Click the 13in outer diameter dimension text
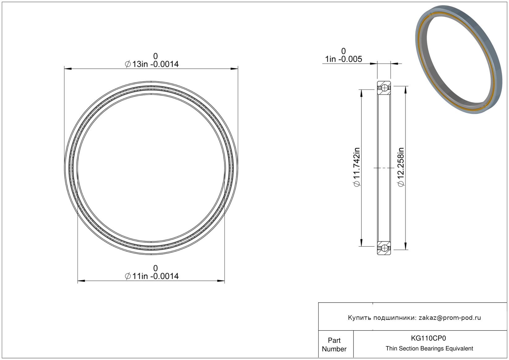[152, 64]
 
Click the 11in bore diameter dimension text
[152, 276]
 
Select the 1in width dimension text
[343, 59]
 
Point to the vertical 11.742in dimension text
[357, 167]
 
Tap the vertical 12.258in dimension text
[401, 167]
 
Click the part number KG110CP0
[428, 338]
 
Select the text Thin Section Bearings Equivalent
[429, 349]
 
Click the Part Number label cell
[334, 345]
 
